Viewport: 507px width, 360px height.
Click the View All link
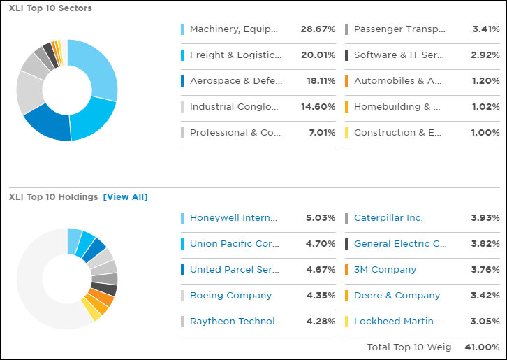point(126,197)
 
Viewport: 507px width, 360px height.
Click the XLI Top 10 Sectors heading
point(50,8)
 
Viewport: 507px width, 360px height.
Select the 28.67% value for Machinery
point(318,29)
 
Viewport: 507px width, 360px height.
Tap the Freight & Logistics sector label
point(235,55)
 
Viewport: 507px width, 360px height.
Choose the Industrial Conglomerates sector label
point(234,107)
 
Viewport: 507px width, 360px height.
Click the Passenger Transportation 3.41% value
point(485,29)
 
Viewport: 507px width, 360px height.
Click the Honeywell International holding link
point(234,218)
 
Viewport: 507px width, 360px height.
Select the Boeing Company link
point(230,296)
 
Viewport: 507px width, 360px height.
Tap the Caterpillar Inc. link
point(388,218)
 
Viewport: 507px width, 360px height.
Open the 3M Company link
point(385,270)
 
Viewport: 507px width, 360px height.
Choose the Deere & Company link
point(397,296)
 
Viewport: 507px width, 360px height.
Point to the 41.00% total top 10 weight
point(483,347)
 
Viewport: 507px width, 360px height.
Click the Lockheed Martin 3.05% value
point(485,322)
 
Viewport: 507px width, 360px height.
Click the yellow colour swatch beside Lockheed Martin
point(347,322)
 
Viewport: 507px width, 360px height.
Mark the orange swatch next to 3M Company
point(347,270)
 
